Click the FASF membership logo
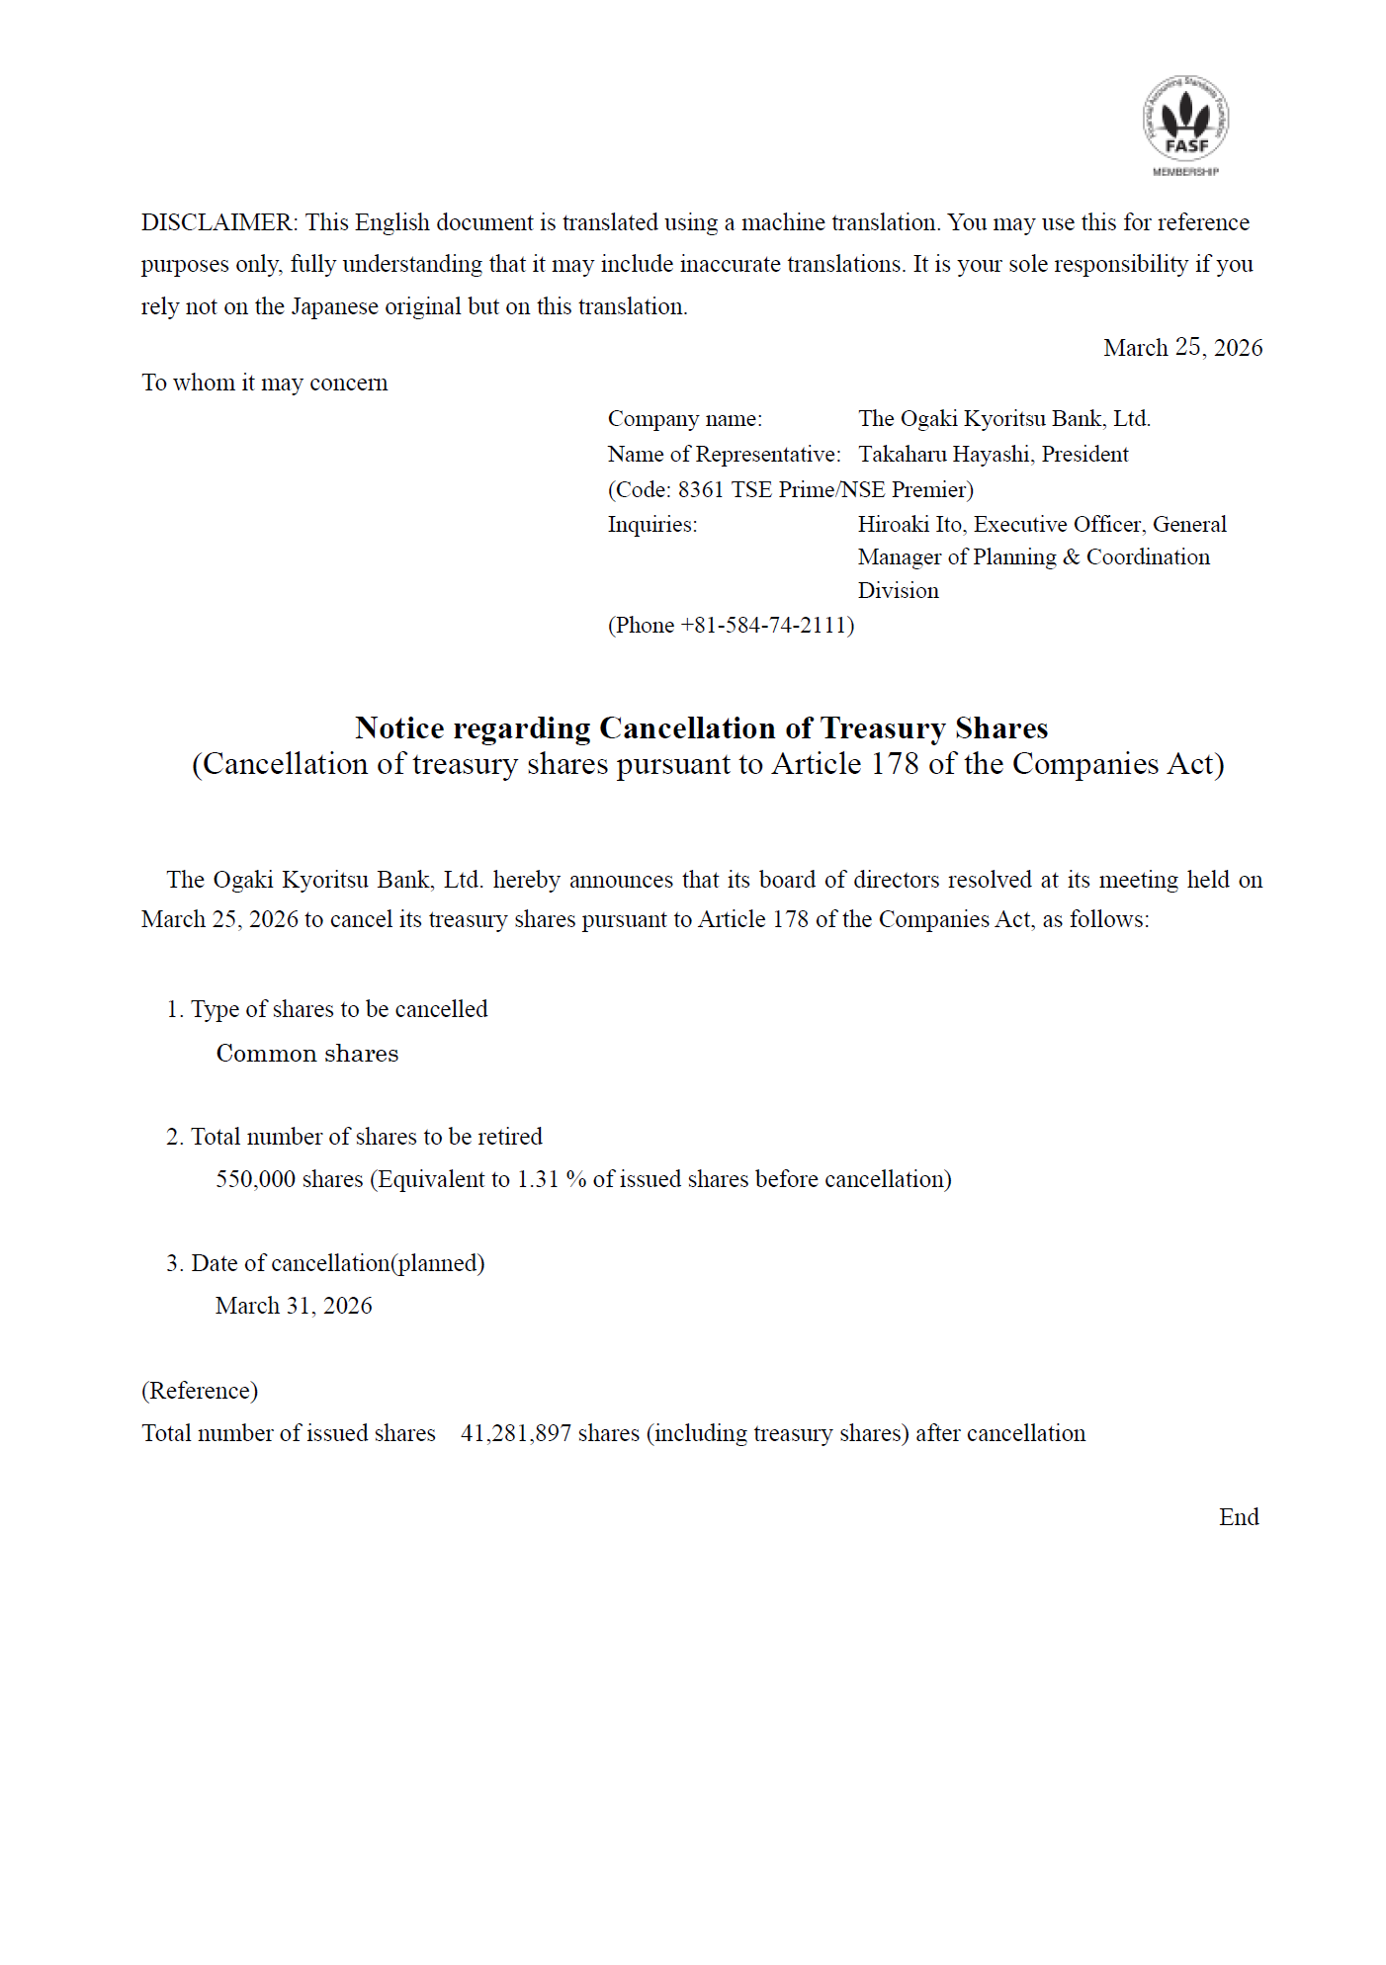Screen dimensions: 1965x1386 tap(1185, 125)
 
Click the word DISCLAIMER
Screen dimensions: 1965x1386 tap(217, 222)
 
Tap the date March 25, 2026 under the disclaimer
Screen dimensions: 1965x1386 tap(1182, 348)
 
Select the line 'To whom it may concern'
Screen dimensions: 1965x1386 tap(264, 383)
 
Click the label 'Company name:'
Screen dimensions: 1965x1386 tap(684, 419)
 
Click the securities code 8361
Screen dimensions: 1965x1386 tap(700, 490)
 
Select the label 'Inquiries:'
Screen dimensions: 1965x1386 tap(651, 525)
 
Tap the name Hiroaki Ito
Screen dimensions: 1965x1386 tap(909, 525)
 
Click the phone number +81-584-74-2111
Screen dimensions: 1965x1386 tap(764, 626)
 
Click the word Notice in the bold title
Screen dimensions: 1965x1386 tap(399, 728)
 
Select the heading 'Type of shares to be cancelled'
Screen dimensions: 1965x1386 tap(338, 1009)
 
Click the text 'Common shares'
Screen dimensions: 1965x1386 tap(307, 1054)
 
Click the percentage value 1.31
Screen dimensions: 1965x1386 tap(538, 1179)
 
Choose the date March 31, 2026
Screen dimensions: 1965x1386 tap(294, 1306)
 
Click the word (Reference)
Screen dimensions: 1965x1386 tap(200, 1391)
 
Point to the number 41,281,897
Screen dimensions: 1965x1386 tap(515, 1433)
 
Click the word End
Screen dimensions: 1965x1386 tap(1238, 1517)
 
